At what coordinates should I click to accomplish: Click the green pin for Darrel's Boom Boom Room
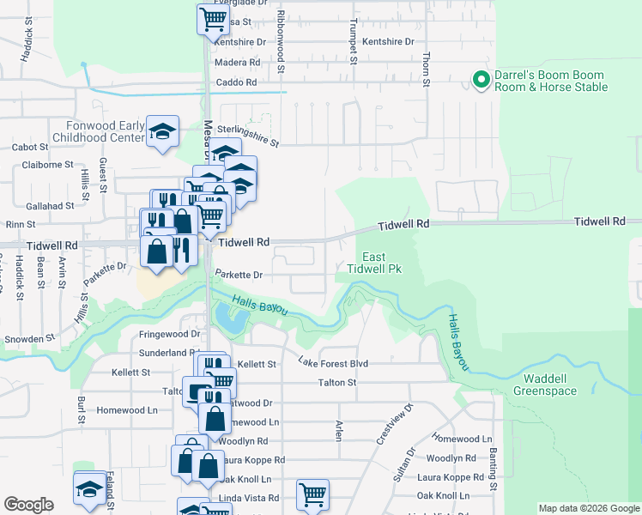[481, 81]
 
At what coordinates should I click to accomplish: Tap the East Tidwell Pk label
[373, 264]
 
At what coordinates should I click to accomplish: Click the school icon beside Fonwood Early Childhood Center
[162, 132]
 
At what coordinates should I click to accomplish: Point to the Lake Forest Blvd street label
[333, 364]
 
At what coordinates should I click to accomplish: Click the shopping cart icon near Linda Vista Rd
[312, 494]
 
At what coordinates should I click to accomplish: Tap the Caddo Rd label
[239, 82]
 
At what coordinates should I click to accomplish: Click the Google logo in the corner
[28, 505]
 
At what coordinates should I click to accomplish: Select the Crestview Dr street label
[392, 425]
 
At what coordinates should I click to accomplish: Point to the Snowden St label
[22, 339]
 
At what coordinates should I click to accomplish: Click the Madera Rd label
[237, 63]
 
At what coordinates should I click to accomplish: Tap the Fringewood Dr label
[170, 334]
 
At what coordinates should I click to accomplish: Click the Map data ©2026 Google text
[589, 508]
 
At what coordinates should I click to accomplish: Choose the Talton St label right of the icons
[336, 383]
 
